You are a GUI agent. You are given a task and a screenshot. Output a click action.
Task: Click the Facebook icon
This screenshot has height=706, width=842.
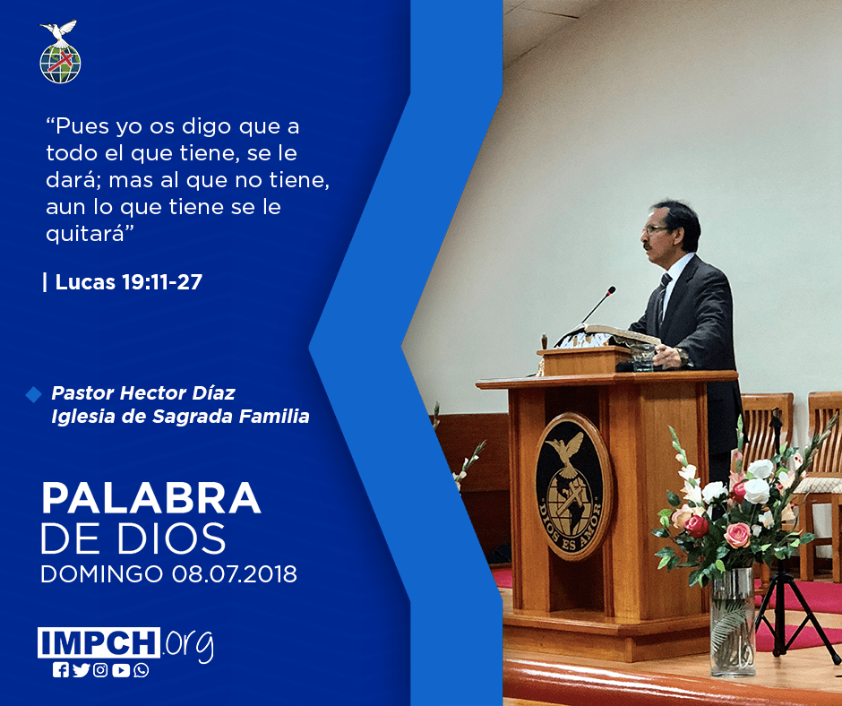[x=61, y=670]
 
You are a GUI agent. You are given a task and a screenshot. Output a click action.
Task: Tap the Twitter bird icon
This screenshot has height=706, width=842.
[x=81, y=670]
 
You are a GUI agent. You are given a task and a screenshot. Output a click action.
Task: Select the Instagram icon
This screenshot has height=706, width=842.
[x=100, y=670]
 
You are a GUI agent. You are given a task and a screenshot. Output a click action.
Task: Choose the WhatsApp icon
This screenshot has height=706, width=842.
[x=142, y=670]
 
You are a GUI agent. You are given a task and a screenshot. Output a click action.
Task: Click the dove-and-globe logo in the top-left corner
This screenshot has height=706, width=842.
[x=60, y=52]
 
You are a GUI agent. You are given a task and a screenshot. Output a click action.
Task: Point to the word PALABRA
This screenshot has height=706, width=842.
[x=150, y=499]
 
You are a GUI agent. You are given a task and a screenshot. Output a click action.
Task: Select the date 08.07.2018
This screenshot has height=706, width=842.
[x=235, y=573]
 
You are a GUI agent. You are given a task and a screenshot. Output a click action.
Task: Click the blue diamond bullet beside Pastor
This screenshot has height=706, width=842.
[x=33, y=394]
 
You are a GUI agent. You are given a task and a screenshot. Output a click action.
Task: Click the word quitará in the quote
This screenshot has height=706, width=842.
[x=90, y=234]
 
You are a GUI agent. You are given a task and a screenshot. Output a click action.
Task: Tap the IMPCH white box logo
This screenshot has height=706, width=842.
[x=99, y=642]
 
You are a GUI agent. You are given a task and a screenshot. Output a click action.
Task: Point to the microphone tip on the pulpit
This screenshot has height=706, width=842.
[x=611, y=290]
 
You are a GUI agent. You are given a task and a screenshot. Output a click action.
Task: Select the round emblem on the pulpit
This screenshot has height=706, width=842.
[x=573, y=486]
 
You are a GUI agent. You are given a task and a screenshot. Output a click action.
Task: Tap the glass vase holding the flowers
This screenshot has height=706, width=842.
[x=733, y=621]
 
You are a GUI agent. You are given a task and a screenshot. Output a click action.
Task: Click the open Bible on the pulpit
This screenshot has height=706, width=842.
[x=609, y=336]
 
